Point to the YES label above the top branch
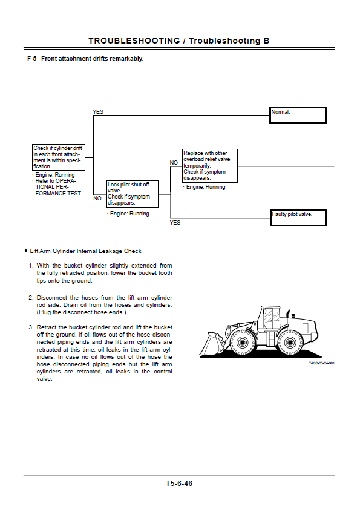98,112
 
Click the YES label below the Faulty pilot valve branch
175,222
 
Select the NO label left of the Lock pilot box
97,199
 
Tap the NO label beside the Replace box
174,163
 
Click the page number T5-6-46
179,484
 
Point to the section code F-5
32,59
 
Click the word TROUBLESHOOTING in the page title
134,41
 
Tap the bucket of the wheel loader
212,343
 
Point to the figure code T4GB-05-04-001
321,363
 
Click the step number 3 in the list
31,327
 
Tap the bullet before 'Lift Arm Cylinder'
26,251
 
